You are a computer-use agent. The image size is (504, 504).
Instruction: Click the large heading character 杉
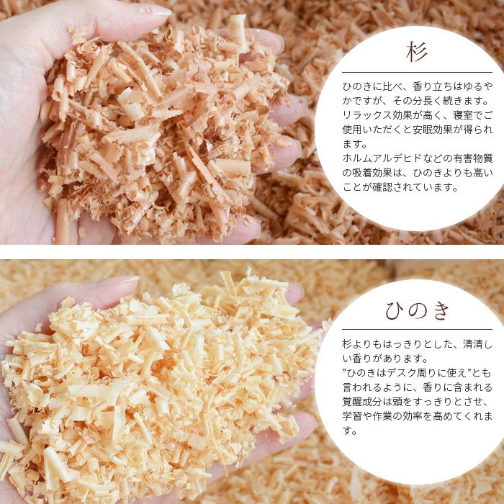[x=417, y=53]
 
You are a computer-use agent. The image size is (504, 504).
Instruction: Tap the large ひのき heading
[x=417, y=311]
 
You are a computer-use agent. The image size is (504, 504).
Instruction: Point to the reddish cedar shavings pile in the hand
[x=166, y=130]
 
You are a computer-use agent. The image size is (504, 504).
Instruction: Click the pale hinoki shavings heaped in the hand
[x=166, y=382]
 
